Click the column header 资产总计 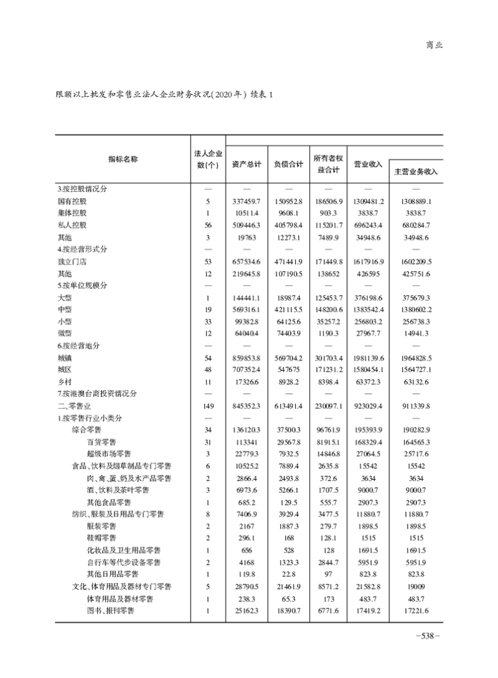tap(246, 165)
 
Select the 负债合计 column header tap(288, 165)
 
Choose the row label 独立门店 tap(72, 262)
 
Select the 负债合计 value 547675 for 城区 tap(288, 370)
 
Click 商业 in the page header tap(434, 45)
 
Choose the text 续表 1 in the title tap(262, 94)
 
